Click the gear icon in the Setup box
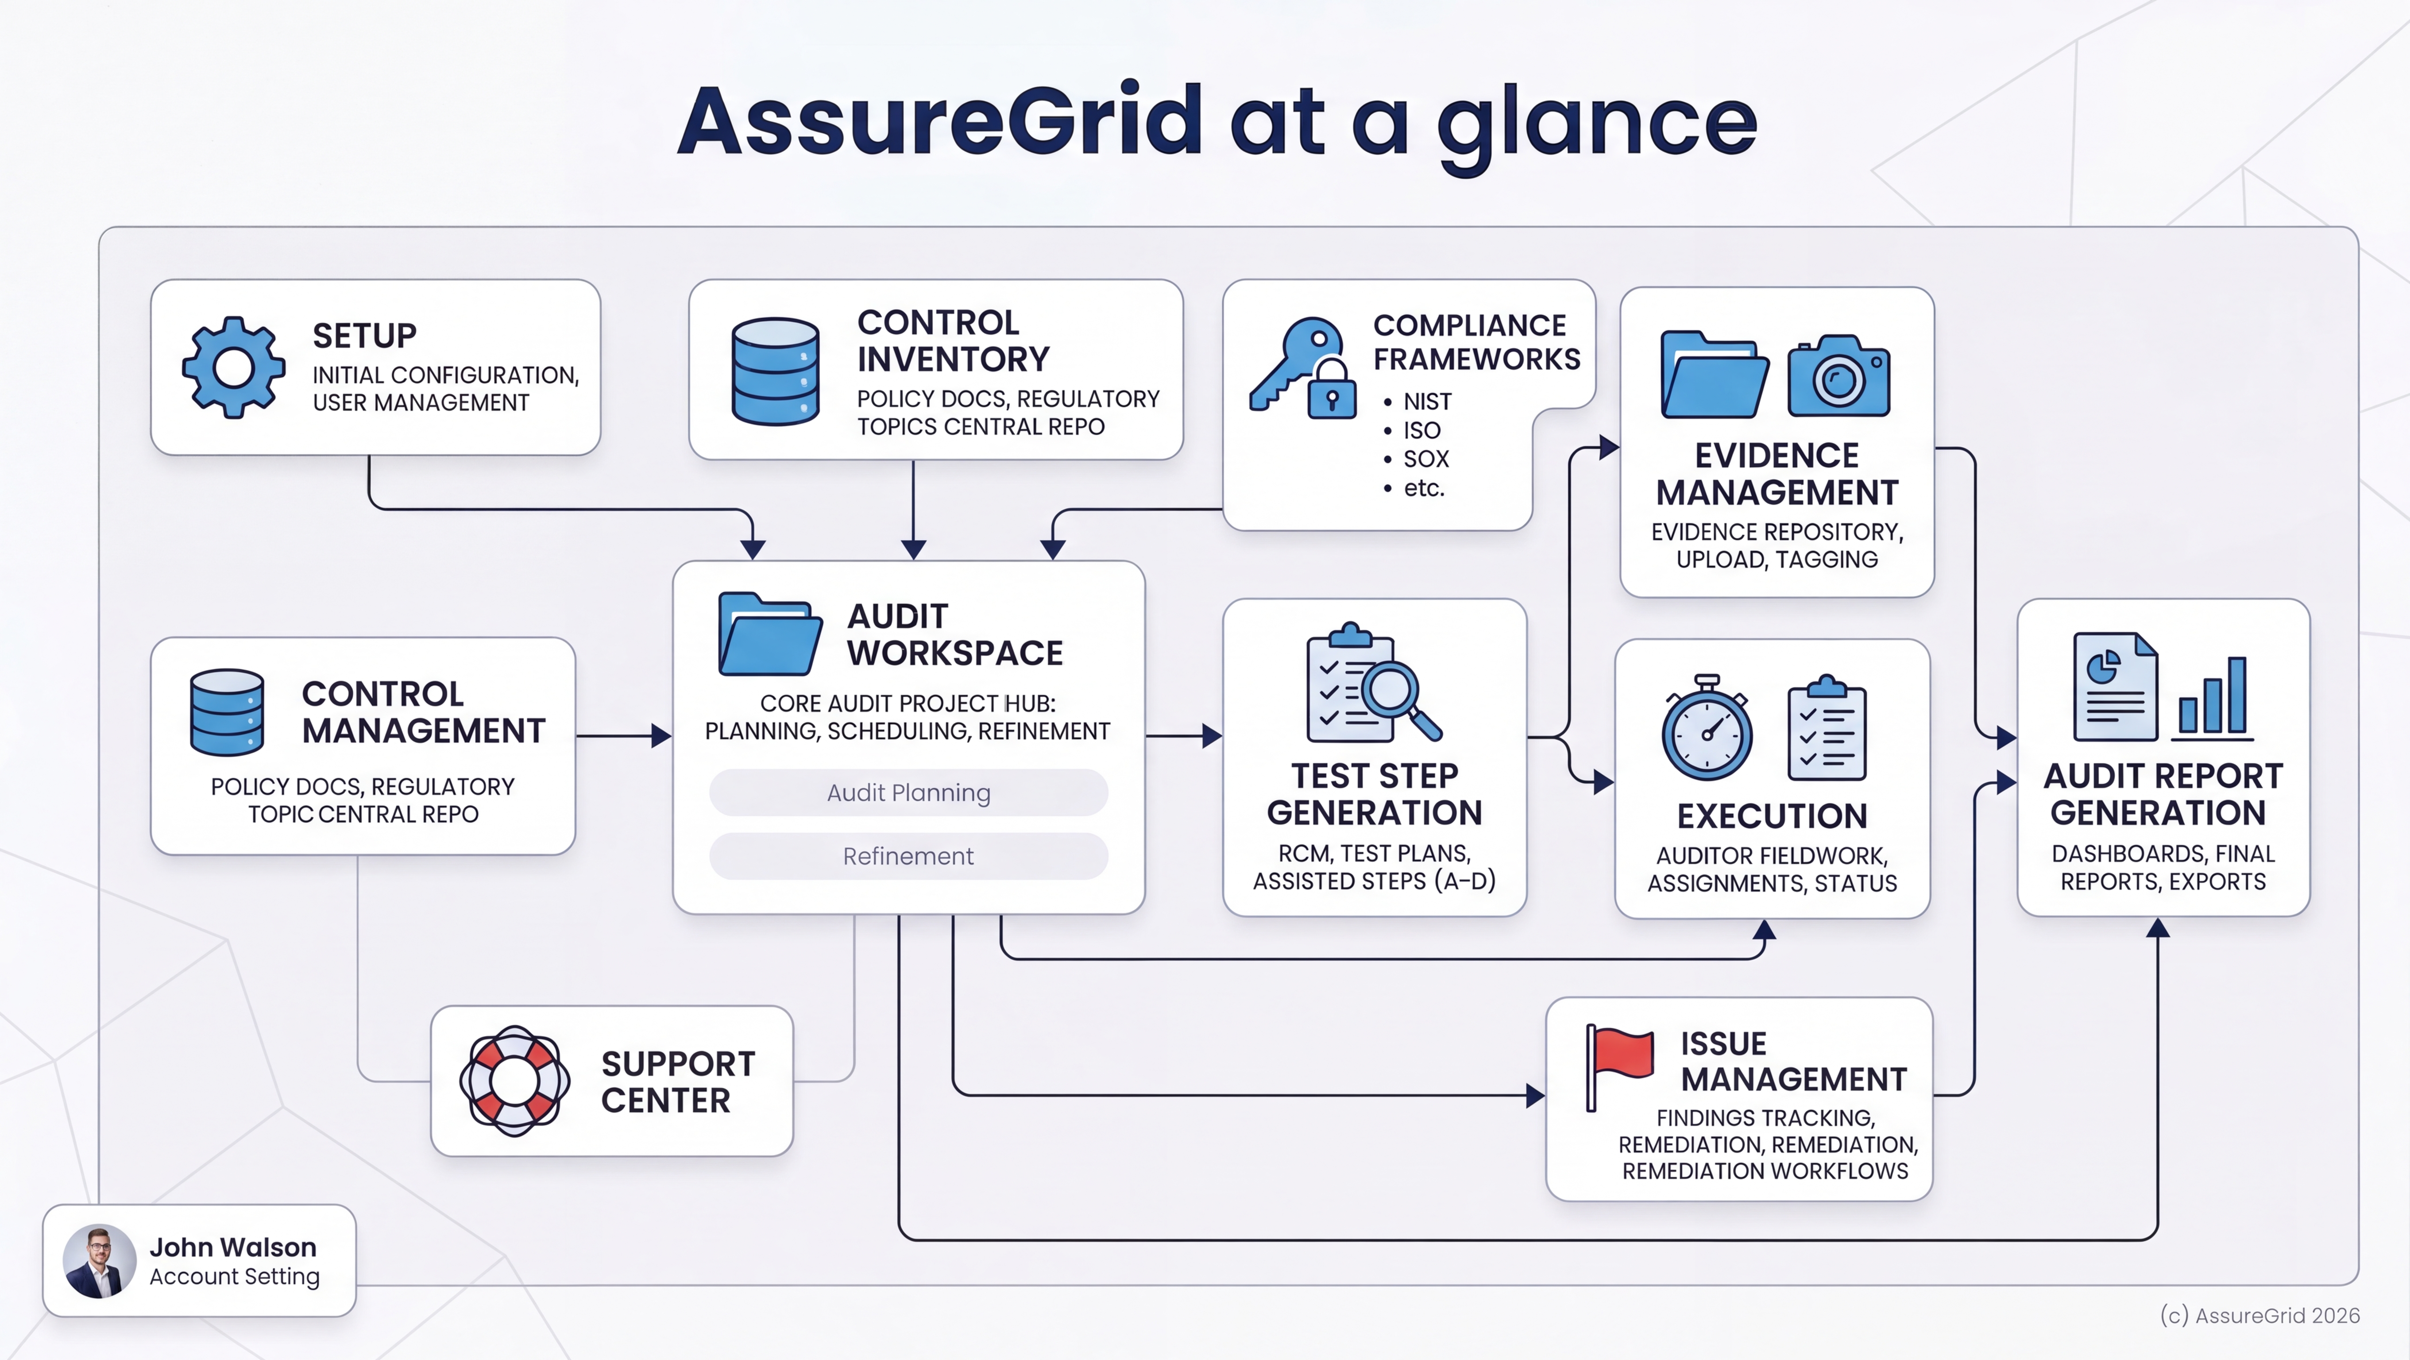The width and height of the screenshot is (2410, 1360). [x=233, y=367]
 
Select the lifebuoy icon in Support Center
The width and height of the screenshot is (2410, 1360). [x=514, y=1081]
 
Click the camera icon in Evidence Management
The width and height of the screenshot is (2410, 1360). [x=1838, y=377]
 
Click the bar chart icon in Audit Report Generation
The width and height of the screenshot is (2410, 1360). [x=2213, y=697]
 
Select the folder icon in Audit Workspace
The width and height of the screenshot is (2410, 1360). [x=769, y=634]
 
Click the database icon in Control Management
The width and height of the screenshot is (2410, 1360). [x=226, y=712]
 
